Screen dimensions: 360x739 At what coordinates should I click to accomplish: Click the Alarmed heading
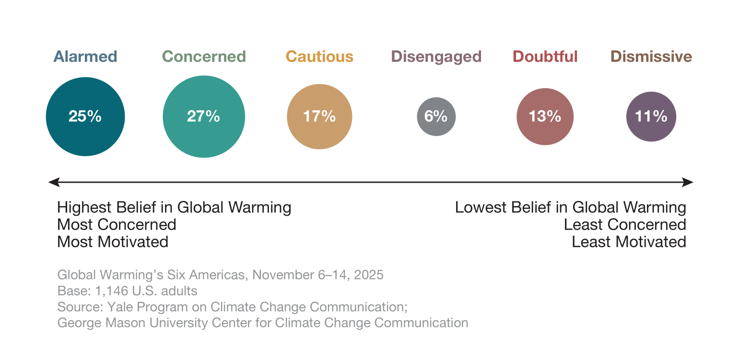(85, 57)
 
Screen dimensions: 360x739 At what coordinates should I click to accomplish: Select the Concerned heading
(204, 57)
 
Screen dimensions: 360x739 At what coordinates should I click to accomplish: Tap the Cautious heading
(319, 57)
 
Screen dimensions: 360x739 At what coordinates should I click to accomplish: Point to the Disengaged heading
(436, 57)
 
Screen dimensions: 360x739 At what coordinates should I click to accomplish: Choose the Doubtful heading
(545, 57)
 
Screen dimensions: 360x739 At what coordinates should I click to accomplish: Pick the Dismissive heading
(651, 57)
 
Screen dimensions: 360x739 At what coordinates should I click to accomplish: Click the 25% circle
(85, 116)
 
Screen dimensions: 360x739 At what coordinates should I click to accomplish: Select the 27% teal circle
(204, 116)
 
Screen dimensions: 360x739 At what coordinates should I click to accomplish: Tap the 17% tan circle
(319, 116)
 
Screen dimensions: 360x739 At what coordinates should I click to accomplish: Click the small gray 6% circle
(436, 116)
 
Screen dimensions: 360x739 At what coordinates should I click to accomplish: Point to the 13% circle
(545, 116)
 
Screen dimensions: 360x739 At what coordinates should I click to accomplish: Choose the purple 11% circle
(651, 116)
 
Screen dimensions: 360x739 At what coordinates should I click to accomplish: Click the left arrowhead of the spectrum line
(54, 182)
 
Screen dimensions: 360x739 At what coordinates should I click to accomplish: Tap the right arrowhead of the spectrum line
(688, 182)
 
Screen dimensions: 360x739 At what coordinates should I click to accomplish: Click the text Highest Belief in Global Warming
(174, 208)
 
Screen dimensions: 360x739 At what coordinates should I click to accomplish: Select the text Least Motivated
(629, 242)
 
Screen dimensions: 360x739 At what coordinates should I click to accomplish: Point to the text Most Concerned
(117, 224)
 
